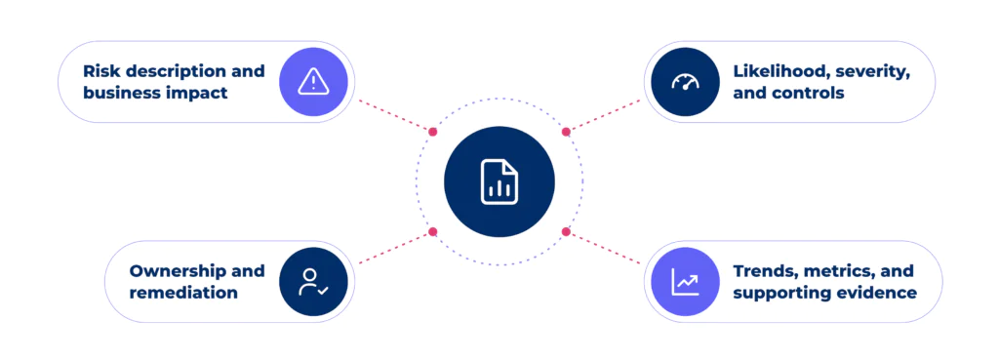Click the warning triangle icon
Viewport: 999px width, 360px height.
click(313, 82)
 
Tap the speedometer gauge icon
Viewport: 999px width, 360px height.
click(685, 82)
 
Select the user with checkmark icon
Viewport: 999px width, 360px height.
click(313, 282)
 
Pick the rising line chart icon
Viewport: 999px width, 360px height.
click(685, 282)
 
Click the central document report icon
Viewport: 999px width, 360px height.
click(499, 181)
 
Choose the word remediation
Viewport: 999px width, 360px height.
click(183, 293)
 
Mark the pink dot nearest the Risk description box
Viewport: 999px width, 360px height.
click(433, 132)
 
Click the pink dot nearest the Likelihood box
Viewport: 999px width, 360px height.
click(566, 132)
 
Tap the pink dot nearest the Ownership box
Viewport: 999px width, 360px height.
click(433, 231)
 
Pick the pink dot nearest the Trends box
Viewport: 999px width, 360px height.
click(566, 231)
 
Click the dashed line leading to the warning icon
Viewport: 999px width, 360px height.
click(395, 115)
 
